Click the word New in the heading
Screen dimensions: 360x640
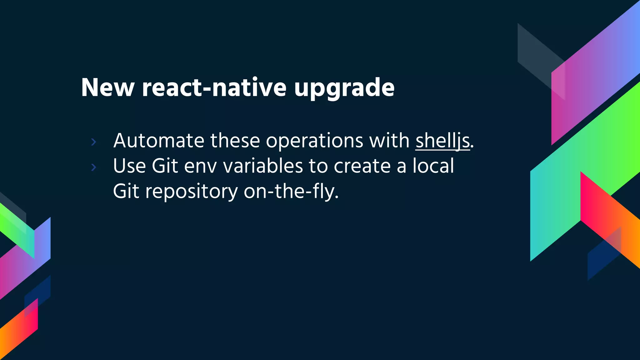pos(107,88)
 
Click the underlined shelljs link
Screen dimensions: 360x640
pos(442,141)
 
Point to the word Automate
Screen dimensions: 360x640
pos(159,141)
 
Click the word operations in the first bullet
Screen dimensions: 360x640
pos(314,141)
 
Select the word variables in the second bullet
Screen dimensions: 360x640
pos(263,166)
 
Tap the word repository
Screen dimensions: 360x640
pos(191,192)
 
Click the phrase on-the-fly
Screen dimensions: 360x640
pos(291,191)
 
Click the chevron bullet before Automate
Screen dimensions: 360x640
pos(93,142)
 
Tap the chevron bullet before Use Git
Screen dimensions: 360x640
pos(93,167)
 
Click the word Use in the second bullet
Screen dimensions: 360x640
pos(129,166)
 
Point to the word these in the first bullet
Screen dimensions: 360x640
pos(235,141)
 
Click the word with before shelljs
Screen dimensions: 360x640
pos(389,141)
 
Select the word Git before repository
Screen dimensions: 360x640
pos(126,191)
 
